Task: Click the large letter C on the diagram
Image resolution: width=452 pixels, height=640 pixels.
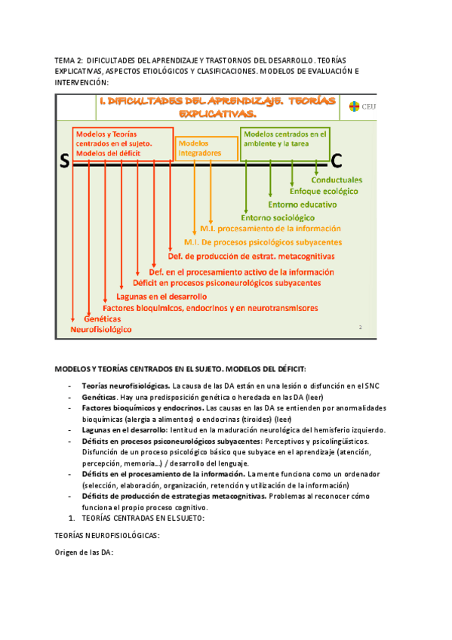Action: (337, 161)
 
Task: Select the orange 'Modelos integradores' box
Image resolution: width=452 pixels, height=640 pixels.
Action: (202, 148)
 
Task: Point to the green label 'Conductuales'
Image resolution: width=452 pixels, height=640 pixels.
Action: (337, 180)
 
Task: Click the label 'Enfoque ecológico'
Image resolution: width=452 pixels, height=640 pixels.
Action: (323, 192)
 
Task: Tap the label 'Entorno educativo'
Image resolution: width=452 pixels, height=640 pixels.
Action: (302, 204)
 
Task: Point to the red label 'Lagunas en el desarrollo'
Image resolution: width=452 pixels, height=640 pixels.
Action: (161, 296)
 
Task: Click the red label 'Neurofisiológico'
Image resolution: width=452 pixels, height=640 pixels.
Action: (100, 330)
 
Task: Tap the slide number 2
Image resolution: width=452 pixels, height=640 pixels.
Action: (361, 328)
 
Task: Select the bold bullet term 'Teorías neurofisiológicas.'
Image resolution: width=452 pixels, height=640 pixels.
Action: (126, 386)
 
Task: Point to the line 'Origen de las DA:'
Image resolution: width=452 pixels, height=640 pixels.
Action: (84, 552)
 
